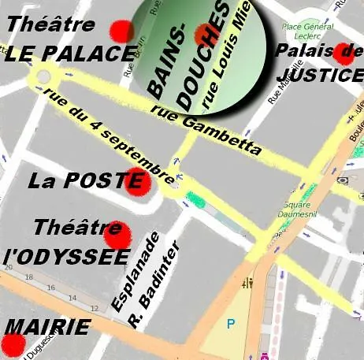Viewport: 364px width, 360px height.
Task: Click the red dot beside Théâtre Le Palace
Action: [121, 32]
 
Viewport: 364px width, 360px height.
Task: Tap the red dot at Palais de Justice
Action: [343, 54]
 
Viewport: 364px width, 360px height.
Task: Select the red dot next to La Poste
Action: [138, 180]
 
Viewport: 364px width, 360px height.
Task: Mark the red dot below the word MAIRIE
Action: [13, 344]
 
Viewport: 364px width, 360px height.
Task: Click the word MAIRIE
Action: [49, 327]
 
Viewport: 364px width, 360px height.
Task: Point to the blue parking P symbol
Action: [231, 323]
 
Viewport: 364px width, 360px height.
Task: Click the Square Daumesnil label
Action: [295, 210]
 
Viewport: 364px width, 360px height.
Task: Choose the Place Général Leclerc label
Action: [304, 30]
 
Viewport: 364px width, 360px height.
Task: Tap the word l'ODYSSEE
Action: [67, 258]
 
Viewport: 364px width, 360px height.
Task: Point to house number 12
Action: [95, 308]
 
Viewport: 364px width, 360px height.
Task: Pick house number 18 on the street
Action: [28, 277]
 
